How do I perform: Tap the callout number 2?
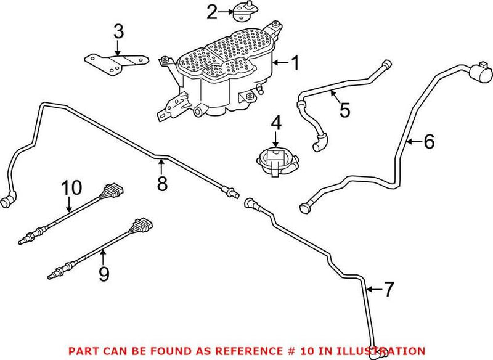212,12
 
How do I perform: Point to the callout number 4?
275,123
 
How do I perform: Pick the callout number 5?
344,110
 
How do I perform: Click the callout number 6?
428,142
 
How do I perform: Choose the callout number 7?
388,290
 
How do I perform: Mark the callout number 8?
161,183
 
